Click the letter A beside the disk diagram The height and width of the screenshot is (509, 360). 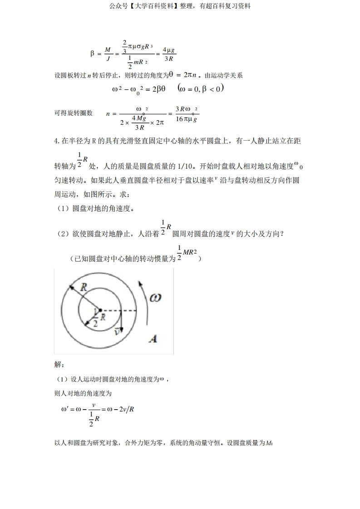(153, 338)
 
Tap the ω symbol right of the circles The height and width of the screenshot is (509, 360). (155, 298)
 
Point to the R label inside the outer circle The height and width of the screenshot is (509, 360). (84, 287)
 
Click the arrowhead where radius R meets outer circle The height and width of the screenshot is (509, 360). (71, 287)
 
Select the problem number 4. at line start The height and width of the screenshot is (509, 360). (57, 141)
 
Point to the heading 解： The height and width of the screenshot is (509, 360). (59, 364)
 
